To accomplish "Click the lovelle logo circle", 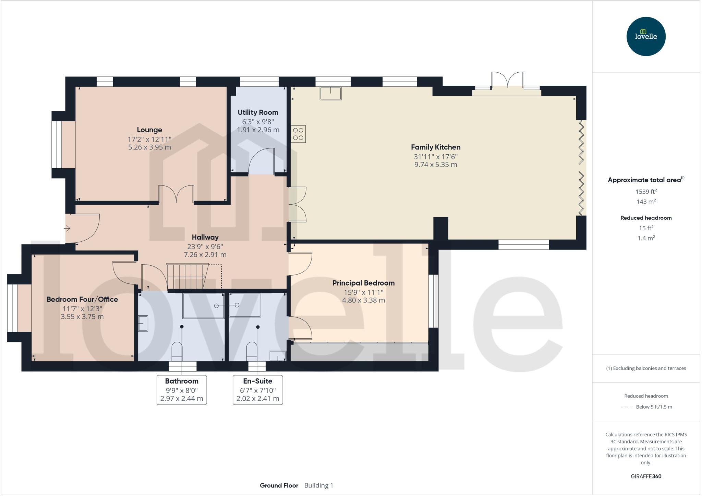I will point(646,36).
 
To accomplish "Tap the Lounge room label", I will point(149,130).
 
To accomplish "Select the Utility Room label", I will point(258,112).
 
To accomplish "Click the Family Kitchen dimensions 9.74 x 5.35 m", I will point(435,165).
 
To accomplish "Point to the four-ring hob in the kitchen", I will point(298,134).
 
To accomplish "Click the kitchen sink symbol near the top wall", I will point(330,93).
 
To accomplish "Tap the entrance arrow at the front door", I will point(67,228).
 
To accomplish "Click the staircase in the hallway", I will point(187,276).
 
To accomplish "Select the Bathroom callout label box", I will point(182,390).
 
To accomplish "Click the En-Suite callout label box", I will point(258,390).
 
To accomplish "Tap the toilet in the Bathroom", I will point(177,351).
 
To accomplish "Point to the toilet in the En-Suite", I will point(252,351).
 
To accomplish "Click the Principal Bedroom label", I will point(363,283).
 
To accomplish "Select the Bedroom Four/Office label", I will point(82,299).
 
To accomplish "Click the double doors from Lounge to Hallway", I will point(177,195).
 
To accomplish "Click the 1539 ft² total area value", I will point(646,192).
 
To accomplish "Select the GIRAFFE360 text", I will point(646,476).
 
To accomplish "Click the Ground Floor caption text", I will point(279,485).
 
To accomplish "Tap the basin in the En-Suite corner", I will point(277,356).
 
